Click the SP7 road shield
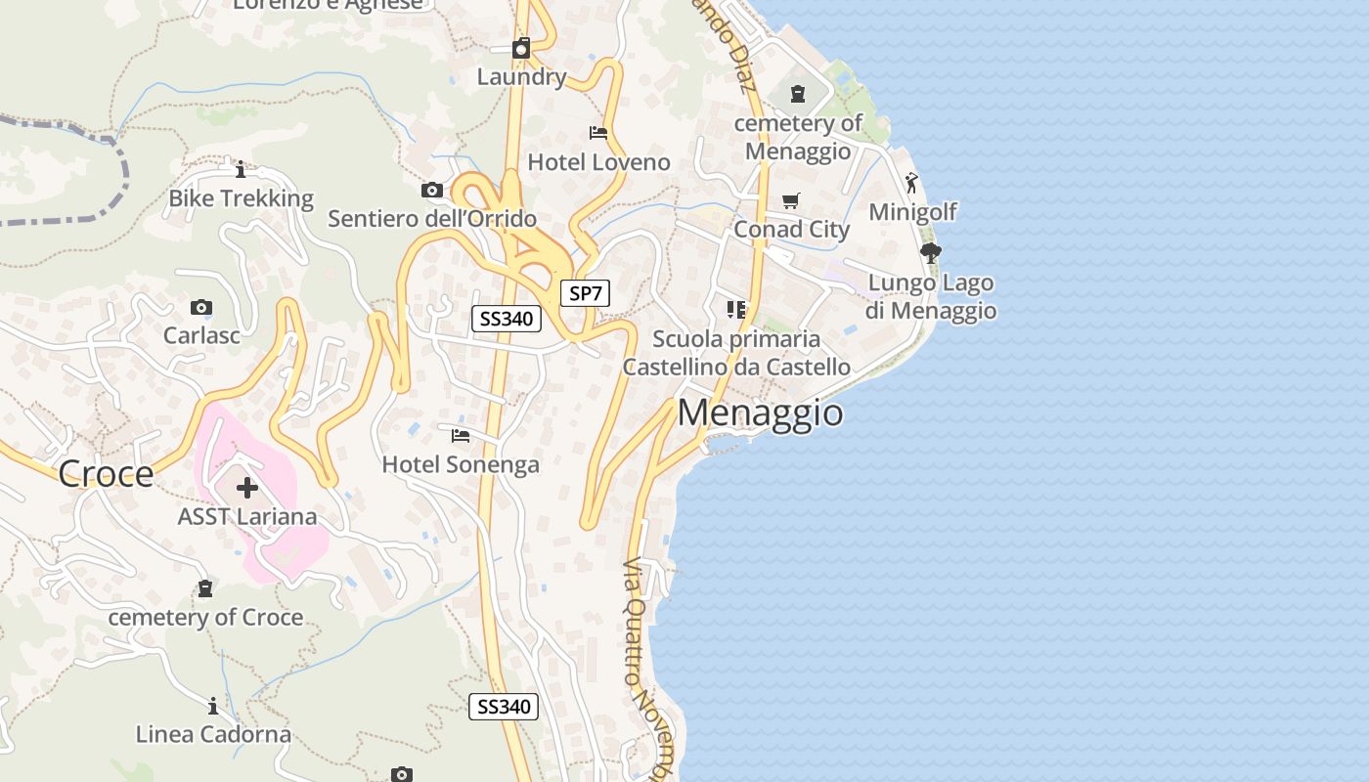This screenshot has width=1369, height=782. coord(585,292)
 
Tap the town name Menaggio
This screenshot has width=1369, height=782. coord(760,413)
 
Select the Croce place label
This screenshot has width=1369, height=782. coord(106,474)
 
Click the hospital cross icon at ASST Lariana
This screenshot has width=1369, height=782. coord(246,487)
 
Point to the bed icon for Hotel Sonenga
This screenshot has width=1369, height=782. coord(461,435)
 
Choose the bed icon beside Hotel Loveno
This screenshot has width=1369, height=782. coord(598,132)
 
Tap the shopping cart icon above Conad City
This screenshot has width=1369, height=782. coord(791,200)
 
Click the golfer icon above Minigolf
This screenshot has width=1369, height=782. coord(911,183)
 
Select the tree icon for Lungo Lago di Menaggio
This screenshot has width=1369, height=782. coord(930,253)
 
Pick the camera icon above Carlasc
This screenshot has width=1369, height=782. coord(201,307)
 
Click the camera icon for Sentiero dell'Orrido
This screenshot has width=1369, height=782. coord(431,190)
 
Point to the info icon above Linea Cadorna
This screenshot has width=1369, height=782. coord(213,705)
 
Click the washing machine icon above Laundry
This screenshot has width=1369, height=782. coord(521,48)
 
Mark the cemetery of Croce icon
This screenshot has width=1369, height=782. coord(205,588)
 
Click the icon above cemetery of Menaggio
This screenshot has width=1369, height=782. coord(798,95)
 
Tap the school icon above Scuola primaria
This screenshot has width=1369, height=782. coord(736,310)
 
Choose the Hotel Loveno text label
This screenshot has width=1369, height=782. coord(598,162)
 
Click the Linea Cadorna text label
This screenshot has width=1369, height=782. coord(213,734)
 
